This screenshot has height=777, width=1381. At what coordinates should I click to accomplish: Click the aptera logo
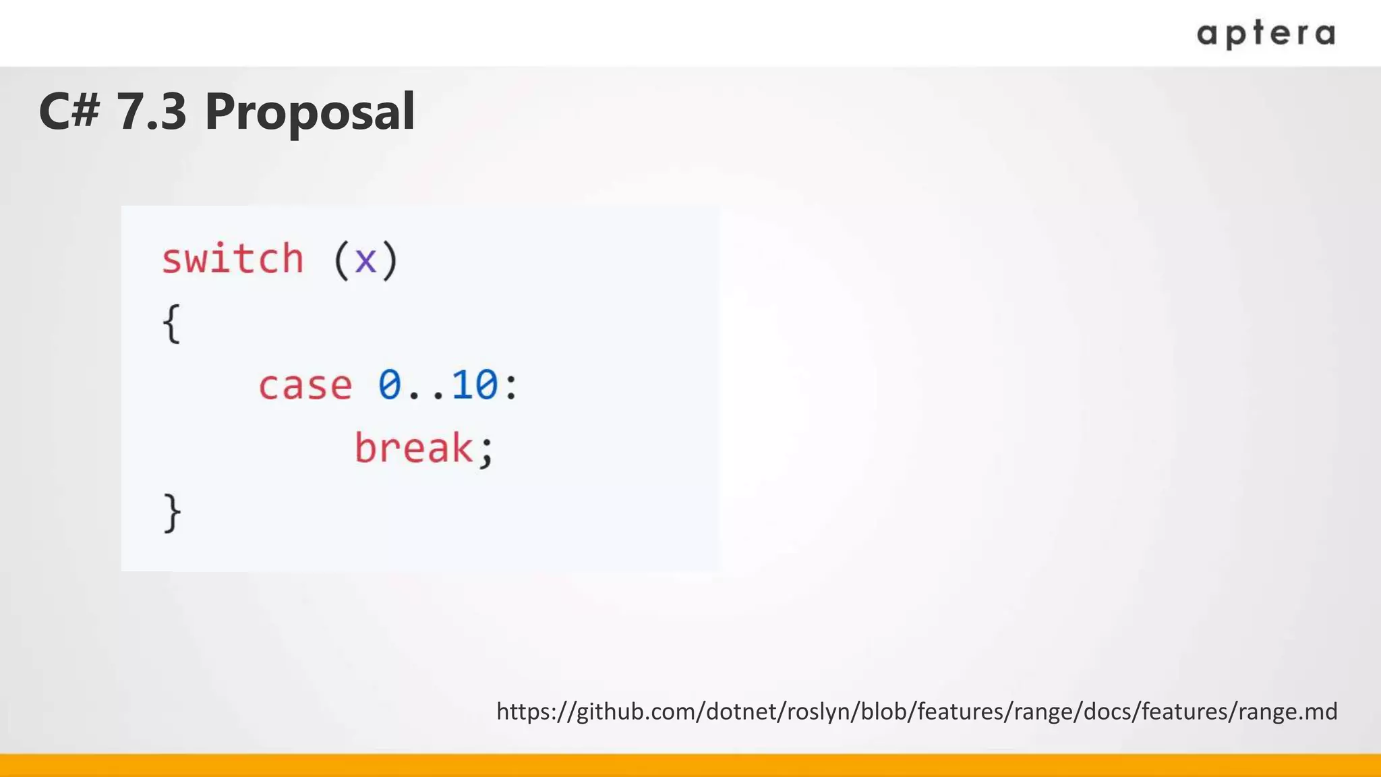click(1266, 34)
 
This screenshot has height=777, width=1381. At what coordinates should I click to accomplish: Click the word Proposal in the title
click(310, 111)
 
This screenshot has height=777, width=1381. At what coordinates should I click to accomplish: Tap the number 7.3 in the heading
click(152, 111)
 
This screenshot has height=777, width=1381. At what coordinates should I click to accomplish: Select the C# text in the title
click(69, 111)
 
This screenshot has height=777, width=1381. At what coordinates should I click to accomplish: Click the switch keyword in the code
click(233, 259)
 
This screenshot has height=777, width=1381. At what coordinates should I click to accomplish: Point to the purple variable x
click(365, 260)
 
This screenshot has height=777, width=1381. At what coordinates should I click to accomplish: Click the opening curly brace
click(172, 324)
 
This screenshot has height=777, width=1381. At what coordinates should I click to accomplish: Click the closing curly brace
click(172, 513)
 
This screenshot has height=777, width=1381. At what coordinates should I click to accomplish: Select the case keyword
click(305, 386)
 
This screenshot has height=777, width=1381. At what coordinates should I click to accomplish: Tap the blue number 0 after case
click(390, 385)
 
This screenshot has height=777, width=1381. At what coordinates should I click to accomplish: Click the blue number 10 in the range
click(475, 385)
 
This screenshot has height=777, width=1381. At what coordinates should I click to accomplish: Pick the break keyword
click(413, 449)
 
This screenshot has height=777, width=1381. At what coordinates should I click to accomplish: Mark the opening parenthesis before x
click(341, 260)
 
